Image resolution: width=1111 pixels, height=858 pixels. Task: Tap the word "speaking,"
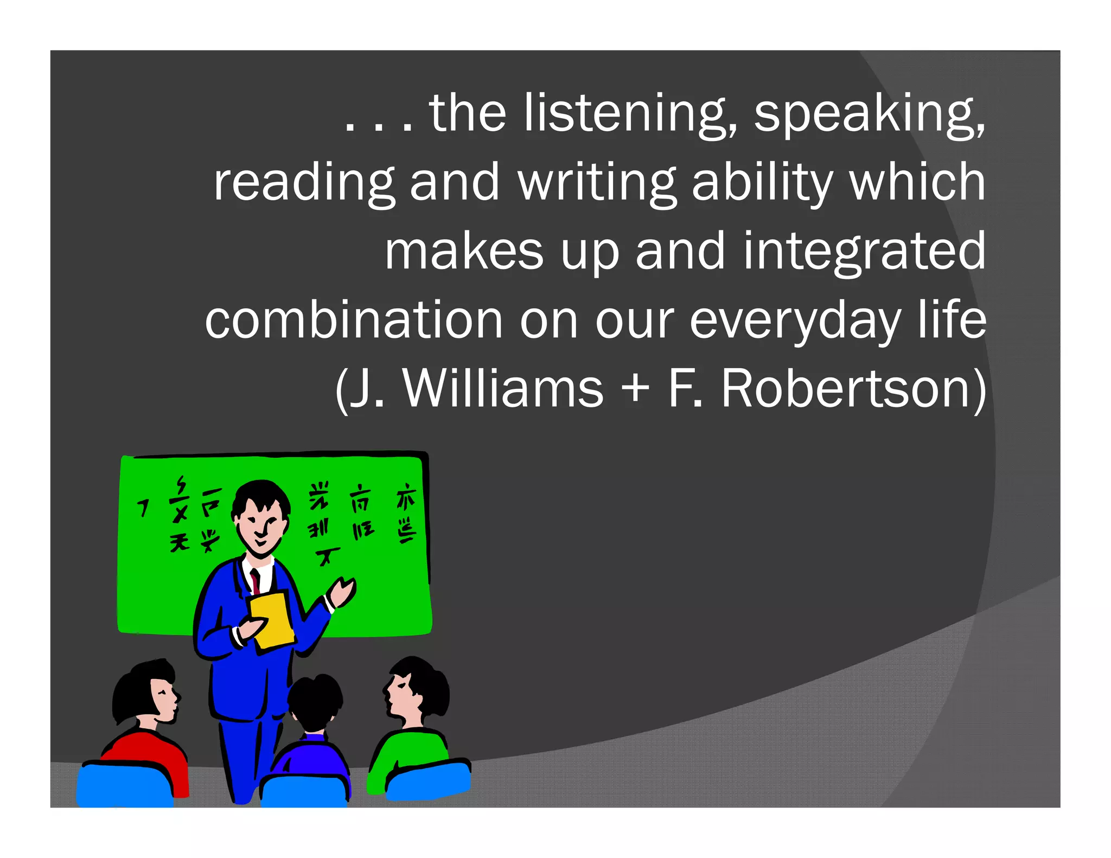[x=869, y=114]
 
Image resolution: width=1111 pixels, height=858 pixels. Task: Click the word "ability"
[x=762, y=183]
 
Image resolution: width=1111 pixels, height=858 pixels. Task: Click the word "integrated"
[x=864, y=252]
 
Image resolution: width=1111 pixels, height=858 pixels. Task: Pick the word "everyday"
[x=795, y=321]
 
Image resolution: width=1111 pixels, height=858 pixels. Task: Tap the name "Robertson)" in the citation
[x=853, y=389]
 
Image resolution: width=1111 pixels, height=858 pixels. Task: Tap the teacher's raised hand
[x=343, y=591]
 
